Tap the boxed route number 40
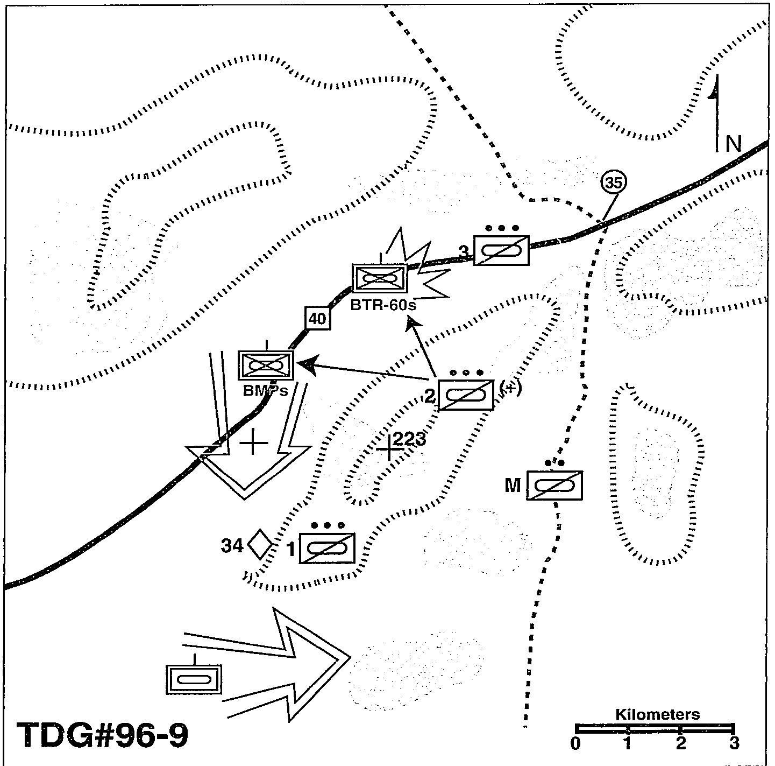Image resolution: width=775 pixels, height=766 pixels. point(317,319)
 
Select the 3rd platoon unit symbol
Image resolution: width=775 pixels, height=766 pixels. point(501,250)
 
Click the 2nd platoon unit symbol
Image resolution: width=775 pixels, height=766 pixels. point(466,395)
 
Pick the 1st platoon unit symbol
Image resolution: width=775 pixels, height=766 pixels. point(327,549)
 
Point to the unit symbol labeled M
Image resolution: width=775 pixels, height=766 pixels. point(554,486)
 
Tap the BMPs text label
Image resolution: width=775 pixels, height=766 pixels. point(265,390)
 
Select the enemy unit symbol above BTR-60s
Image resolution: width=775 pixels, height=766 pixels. point(379,278)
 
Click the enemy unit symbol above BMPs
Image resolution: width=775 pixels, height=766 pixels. point(266,364)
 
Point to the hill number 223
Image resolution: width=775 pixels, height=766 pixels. point(409,439)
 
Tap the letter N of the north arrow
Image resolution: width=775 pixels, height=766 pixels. point(733,144)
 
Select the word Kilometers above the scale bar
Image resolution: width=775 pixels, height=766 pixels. point(657,714)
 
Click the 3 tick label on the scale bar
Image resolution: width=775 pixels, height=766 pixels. point(733,743)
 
